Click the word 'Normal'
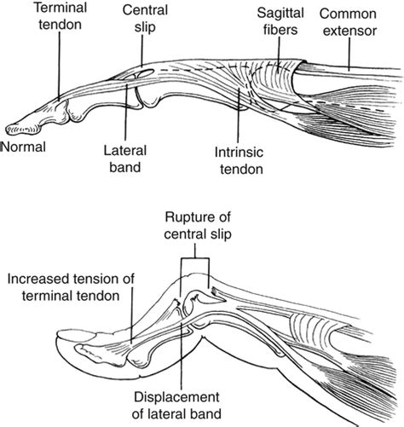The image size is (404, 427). click(23, 147)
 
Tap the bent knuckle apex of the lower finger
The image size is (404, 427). click(205, 281)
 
